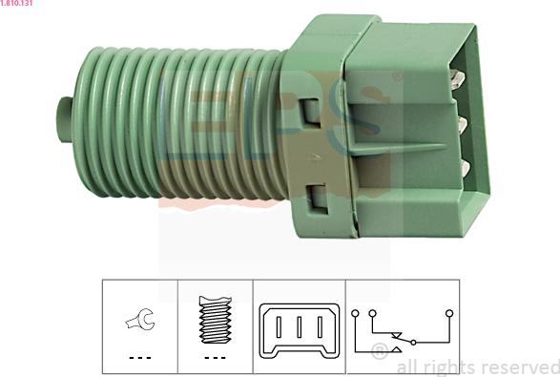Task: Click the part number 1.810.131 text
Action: tap(16, 3)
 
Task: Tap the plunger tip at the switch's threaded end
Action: tap(64, 119)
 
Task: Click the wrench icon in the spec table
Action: tap(140, 319)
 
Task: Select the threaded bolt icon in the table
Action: tap(216, 320)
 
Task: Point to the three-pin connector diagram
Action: tap(300, 330)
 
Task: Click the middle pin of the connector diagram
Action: tap(300, 327)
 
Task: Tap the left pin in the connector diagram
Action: tap(279, 327)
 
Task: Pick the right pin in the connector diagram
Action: tap(320, 327)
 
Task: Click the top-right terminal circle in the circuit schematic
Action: tap(449, 313)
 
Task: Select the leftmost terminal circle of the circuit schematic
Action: tap(355, 313)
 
